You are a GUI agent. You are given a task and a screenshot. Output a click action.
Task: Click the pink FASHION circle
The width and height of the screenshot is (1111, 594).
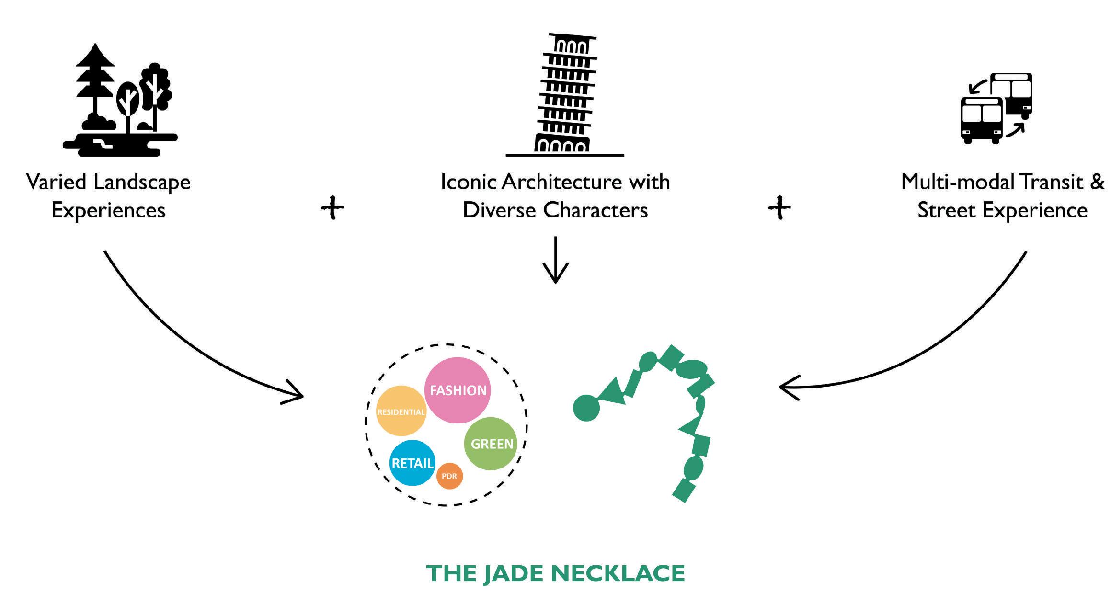[458, 390]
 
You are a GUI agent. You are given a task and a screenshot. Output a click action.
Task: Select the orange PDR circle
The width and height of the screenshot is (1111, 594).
[449, 476]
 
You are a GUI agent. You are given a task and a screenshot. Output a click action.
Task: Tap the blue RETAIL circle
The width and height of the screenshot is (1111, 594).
[412, 463]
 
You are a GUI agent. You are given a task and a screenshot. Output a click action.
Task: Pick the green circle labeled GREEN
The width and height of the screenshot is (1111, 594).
[491, 444]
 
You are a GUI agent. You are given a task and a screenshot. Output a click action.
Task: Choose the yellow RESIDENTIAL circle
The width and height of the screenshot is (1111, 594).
[401, 411]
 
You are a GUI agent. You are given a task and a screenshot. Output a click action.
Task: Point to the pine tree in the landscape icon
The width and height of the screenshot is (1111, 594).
[95, 81]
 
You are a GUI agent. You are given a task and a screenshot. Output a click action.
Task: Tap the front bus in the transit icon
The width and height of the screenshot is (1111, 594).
[981, 120]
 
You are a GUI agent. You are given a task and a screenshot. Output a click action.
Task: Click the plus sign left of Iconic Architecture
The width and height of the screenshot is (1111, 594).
[332, 207]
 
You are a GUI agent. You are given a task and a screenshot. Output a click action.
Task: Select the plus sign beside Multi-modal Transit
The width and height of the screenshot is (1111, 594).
[779, 207]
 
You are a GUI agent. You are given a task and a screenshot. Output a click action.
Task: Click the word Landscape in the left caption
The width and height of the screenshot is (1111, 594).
[142, 183]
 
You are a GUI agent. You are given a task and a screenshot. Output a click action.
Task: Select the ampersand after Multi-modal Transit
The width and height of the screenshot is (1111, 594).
[1097, 182]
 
